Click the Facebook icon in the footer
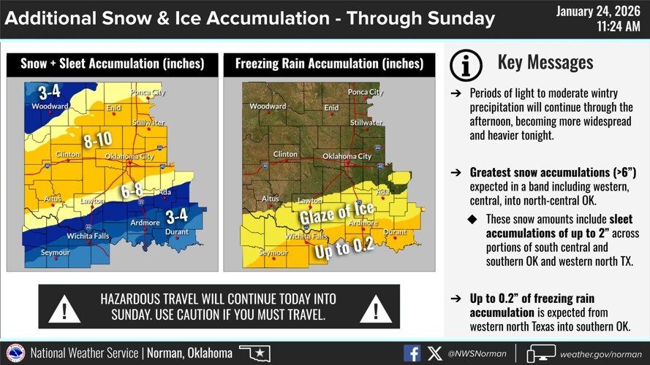point(412,353)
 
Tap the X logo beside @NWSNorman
point(434,353)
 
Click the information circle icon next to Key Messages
point(466,65)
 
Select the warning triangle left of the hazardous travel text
point(64,310)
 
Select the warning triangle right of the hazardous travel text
point(376,310)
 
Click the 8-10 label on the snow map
point(97,139)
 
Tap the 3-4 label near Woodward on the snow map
point(50,92)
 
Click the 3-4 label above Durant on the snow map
point(176,216)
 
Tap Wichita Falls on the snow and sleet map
point(88,236)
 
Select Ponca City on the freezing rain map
point(366,93)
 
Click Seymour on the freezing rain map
point(273,253)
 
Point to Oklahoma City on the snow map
point(129,156)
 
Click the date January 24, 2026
point(598,11)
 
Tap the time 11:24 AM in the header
point(618,27)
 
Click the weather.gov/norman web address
point(600,354)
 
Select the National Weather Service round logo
point(15,353)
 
